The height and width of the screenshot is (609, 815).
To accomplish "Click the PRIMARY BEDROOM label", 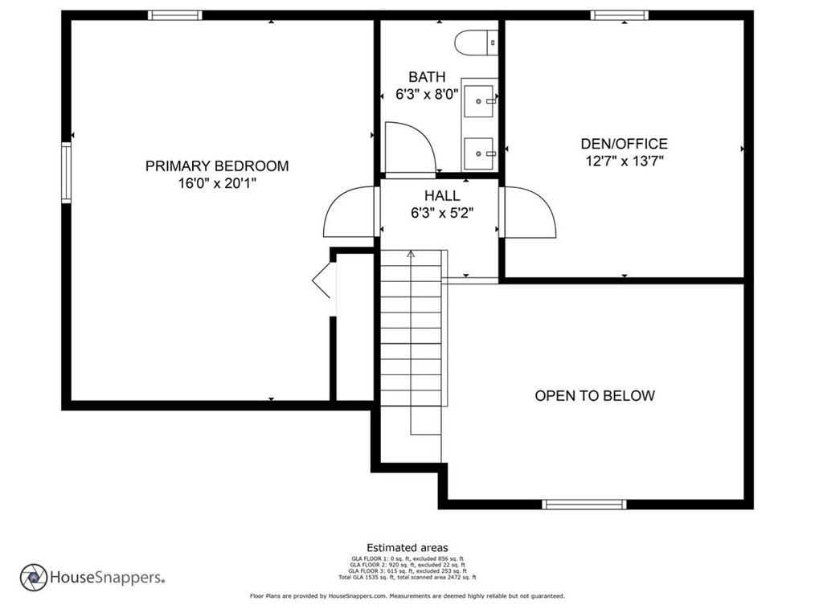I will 216,166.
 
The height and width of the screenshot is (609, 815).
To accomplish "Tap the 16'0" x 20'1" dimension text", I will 216,183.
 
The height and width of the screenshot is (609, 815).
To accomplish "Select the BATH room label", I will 426,77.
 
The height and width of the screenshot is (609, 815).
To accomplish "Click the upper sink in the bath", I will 480,102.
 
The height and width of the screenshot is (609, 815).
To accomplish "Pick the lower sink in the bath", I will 480,151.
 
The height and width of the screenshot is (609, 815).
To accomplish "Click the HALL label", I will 442,196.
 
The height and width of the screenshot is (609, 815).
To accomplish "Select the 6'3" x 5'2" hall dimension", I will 442,214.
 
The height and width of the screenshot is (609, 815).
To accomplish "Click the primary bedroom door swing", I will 347,213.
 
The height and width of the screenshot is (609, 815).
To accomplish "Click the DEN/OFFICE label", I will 624,145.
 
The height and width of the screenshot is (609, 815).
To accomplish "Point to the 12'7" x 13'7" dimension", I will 624,161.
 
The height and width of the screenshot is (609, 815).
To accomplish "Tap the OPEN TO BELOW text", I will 595,395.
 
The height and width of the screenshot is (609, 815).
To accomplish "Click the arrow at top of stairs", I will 411,255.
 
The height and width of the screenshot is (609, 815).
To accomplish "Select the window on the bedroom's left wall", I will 68,171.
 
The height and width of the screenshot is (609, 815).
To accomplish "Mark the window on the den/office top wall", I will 619,14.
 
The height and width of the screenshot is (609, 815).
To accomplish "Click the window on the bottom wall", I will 584,505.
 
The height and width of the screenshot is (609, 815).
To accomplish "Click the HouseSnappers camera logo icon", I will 34,577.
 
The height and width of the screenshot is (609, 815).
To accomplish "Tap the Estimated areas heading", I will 407,548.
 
